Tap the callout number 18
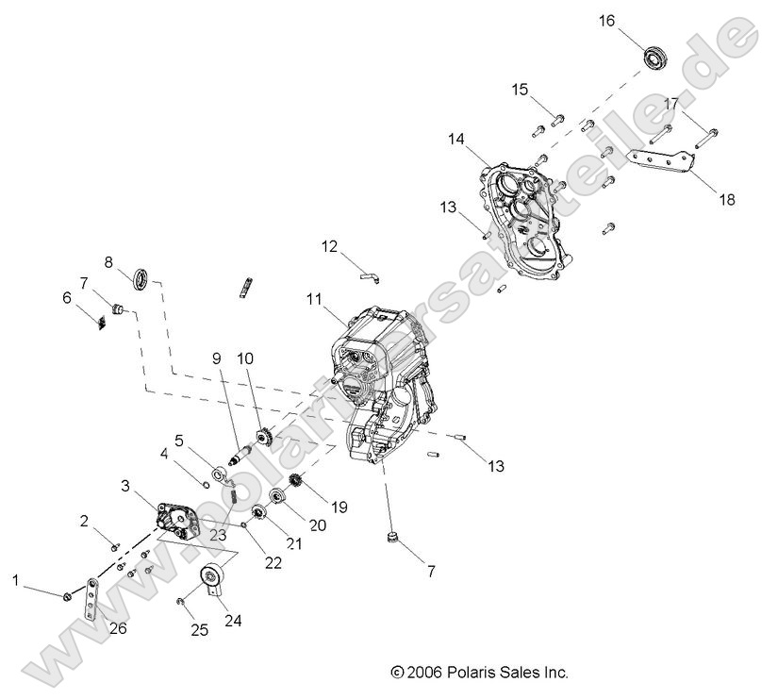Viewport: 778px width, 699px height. pos(727,199)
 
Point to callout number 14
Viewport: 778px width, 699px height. pos(456,139)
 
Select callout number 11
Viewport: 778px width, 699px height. pos(314,299)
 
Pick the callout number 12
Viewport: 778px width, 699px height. pos(329,246)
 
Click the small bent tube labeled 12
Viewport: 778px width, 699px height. pos(369,275)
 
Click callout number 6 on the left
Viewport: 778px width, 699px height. pos(67,297)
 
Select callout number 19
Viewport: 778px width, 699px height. pos(339,507)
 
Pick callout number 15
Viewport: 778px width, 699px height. pos(521,90)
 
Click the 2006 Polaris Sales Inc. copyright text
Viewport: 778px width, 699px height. pos(479,673)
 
